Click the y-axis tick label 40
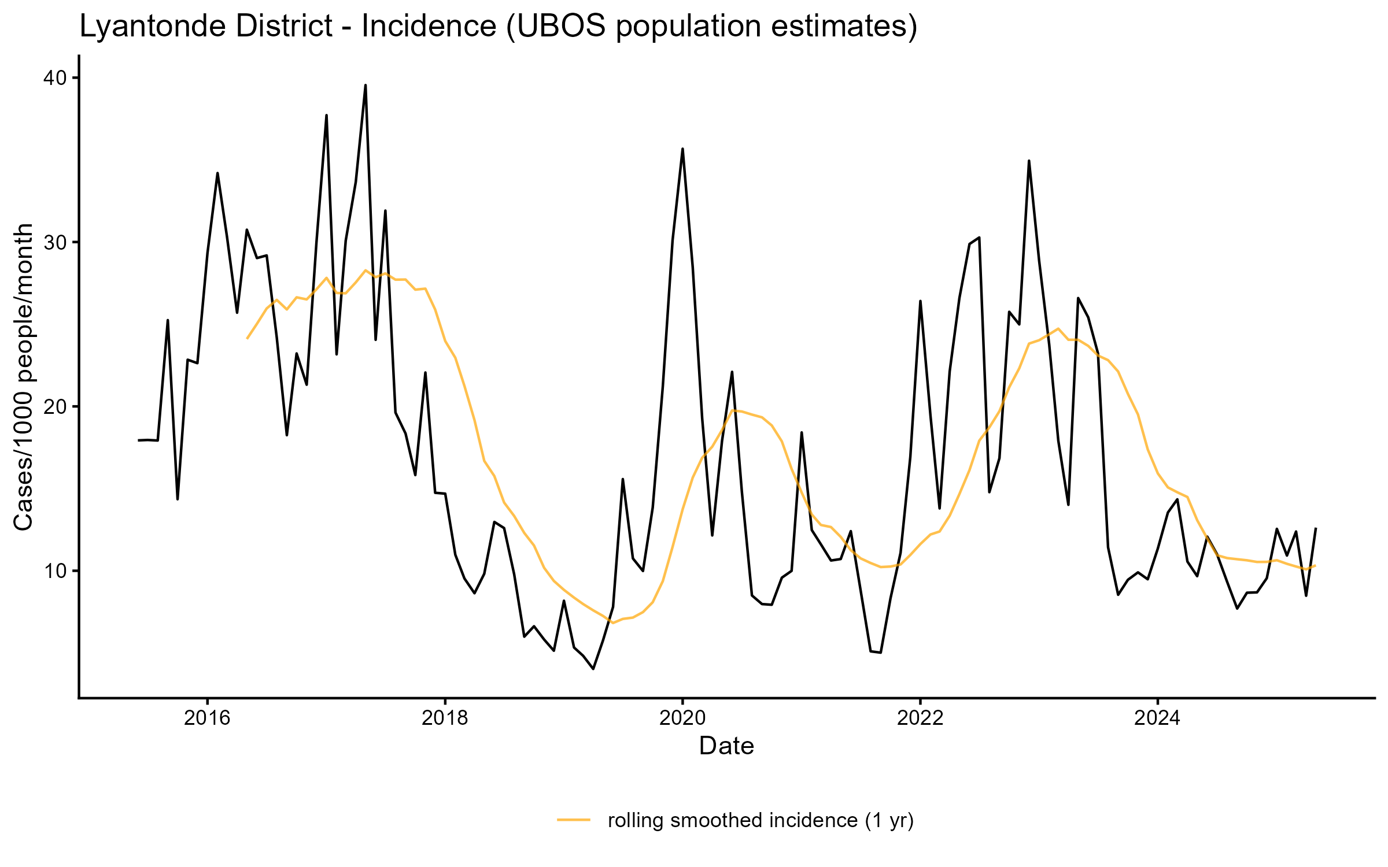pyautogui.click(x=56, y=78)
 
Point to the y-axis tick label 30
pyautogui.click(x=56, y=242)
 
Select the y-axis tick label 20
pyautogui.click(x=56, y=407)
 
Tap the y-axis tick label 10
pyautogui.click(x=56, y=571)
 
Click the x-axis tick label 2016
pyautogui.click(x=207, y=718)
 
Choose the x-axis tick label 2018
pyautogui.click(x=445, y=718)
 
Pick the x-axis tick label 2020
pyautogui.click(x=682, y=718)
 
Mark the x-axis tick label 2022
pyautogui.click(x=920, y=718)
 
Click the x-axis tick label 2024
pyautogui.click(x=1158, y=718)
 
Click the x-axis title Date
pyautogui.click(x=726, y=746)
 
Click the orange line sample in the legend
pyautogui.click(x=574, y=820)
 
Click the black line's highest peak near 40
pyautogui.click(x=366, y=86)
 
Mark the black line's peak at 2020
pyautogui.click(x=682, y=149)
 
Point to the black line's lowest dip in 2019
pyautogui.click(x=593, y=669)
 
